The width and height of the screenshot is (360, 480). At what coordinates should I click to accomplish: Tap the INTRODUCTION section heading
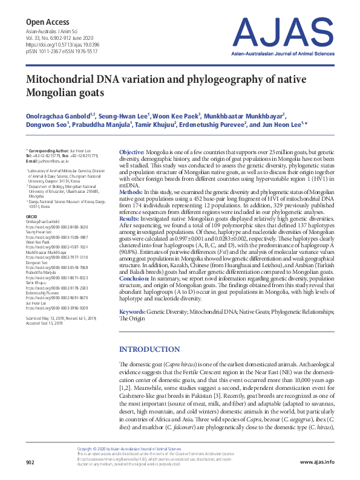pyautogui.click(x=150, y=349)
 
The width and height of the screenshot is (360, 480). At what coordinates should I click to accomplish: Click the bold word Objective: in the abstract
pyautogui.click(x=132, y=151)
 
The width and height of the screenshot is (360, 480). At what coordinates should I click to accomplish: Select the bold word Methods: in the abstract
pyautogui.click(x=131, y=192)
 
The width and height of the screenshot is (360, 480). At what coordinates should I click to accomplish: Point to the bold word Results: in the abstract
pyautogui.click(x=129, y=218)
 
